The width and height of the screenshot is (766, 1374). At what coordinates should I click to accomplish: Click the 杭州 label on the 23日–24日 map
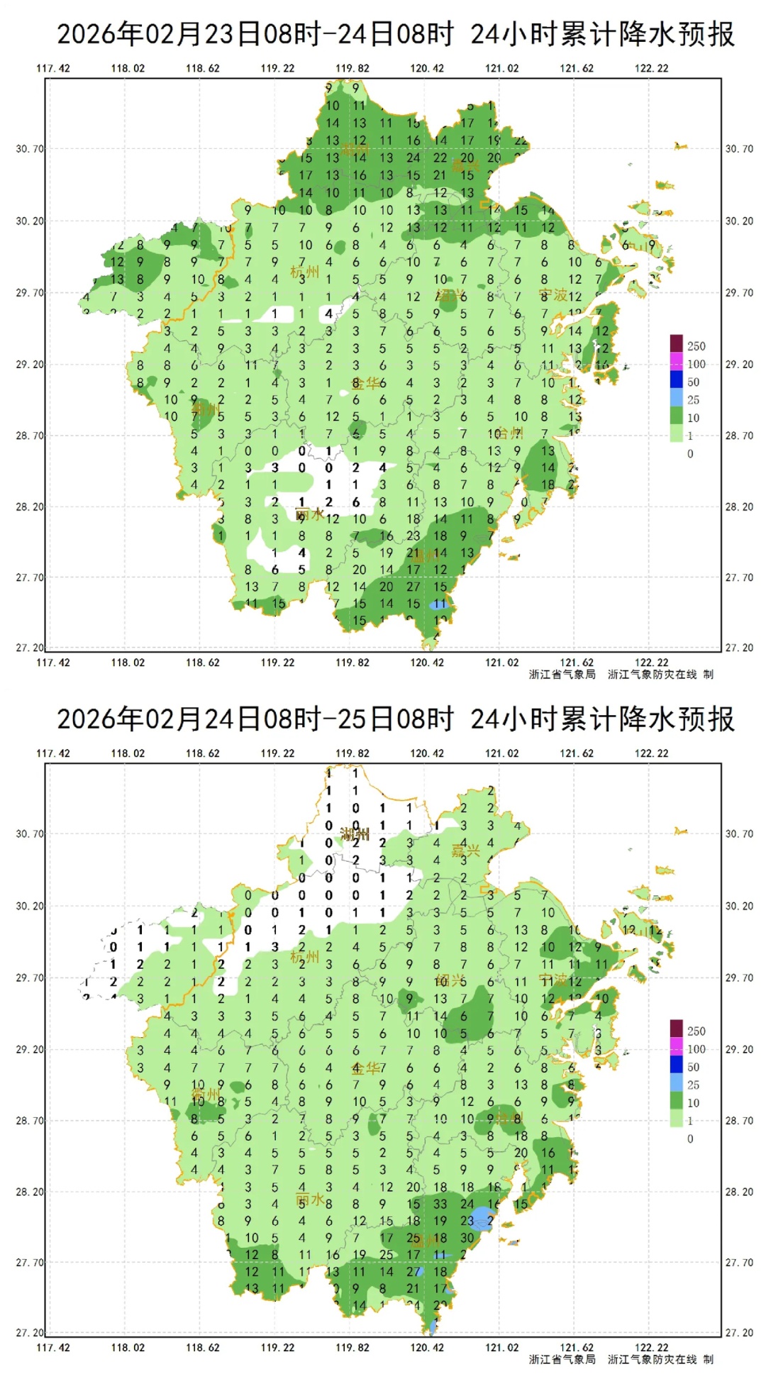305,272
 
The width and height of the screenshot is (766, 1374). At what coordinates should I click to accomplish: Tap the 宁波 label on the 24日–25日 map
553,980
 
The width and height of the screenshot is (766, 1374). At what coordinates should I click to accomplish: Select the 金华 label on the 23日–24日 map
366,384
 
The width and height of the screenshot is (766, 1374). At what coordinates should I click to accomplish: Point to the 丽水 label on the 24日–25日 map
310,1200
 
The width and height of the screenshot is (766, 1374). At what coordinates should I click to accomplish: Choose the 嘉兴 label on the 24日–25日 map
466,851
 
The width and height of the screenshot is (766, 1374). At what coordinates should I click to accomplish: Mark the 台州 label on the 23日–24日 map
509,433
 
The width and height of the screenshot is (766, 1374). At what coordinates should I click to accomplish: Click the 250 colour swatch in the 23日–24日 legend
677,344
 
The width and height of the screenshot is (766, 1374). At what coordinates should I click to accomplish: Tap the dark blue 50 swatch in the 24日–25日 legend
677,1065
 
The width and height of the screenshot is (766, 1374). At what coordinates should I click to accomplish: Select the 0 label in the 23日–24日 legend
690,454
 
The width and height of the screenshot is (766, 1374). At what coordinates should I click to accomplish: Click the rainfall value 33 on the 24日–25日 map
440,1203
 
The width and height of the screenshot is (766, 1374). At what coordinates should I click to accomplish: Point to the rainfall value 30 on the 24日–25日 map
467,1237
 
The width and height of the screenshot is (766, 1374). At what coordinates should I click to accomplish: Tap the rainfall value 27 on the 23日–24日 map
413,587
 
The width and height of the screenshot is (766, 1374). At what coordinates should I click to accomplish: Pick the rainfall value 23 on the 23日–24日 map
413,536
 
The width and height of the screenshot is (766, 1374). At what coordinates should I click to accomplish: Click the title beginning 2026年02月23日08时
395,34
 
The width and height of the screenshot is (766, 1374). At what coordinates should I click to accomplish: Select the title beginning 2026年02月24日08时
395,719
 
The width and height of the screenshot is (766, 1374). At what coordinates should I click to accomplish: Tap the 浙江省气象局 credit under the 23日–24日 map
562,674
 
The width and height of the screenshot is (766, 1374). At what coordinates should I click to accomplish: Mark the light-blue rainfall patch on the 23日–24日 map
437,605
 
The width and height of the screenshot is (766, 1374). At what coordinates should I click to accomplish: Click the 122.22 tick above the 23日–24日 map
651,68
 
